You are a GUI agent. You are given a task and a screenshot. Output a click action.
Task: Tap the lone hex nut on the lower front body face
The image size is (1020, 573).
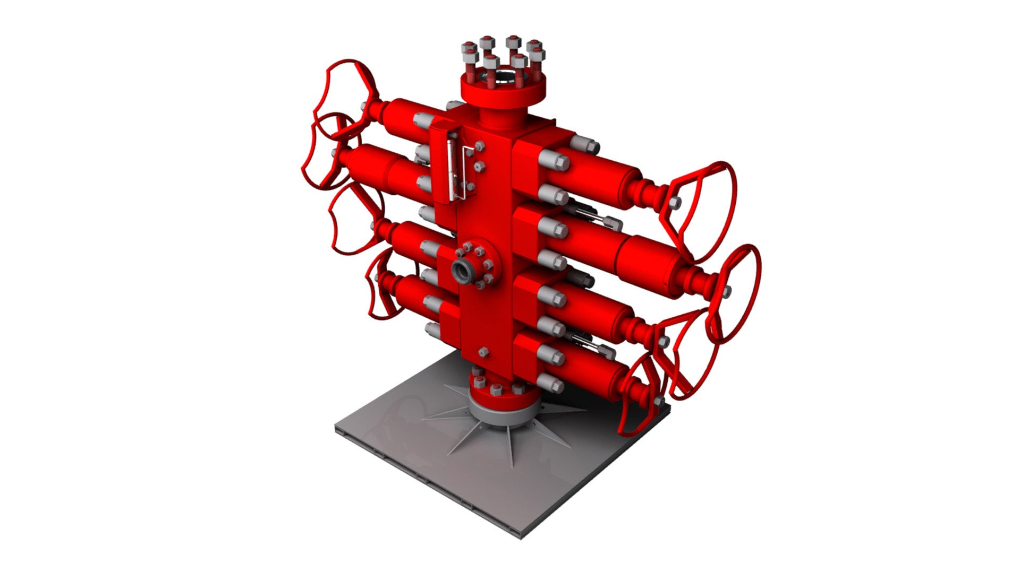click(x=483, y=352)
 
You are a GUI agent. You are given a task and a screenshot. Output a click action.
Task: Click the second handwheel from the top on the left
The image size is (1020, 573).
click(x=324, y=154)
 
